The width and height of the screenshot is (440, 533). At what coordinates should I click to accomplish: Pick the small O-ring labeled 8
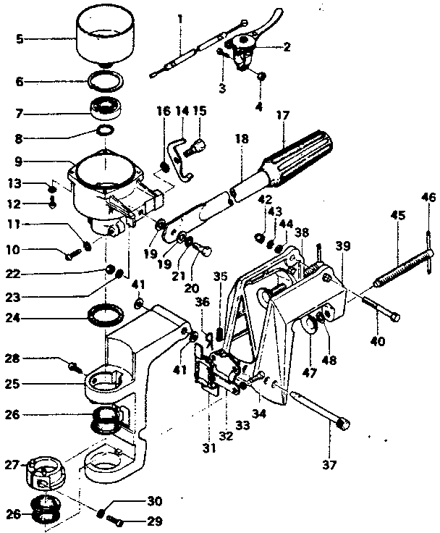pyautogui.click(x=106, y=130)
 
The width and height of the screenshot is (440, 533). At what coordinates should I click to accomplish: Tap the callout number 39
pyautogui.click(x=342, y=247)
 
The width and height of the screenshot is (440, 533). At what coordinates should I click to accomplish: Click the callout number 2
pyautogui.click(x=287, y=48)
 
